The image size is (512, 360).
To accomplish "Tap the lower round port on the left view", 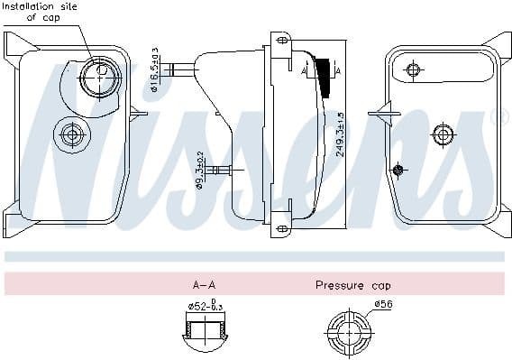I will (70, 135).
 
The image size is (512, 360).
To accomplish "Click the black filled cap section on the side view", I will (324, 73).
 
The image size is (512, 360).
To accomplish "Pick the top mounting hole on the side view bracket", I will (281, 41).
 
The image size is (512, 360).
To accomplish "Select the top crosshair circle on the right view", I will (413, 69).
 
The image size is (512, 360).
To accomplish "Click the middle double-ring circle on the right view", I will (442, 134).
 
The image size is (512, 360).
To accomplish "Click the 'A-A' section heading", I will (204, 285).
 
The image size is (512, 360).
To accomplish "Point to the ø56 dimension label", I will (383, 304).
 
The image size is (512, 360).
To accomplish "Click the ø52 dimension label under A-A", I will (205, 305).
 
